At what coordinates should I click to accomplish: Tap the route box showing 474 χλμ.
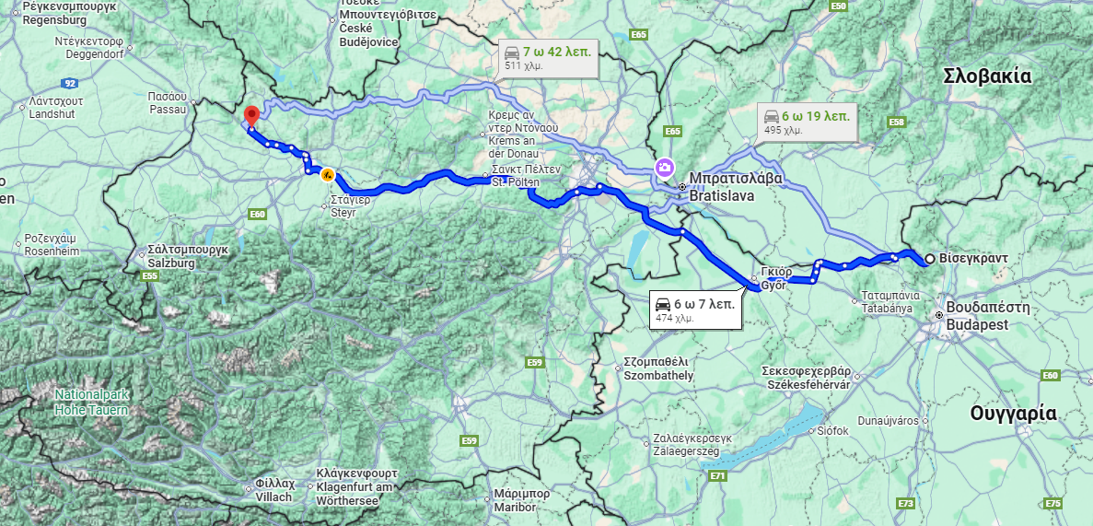click(694, 310)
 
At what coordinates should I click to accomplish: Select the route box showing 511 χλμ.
click(547, 57)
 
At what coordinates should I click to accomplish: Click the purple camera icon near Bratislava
click(664, 168)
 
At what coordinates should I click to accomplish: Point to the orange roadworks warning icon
click(327, 175)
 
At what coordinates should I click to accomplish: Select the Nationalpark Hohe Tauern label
click(91, 402)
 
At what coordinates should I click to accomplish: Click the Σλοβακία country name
click(987, 76)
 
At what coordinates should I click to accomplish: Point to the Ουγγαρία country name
click(1013, 414)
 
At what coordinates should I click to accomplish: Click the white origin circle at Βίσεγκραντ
click(930, 259)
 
